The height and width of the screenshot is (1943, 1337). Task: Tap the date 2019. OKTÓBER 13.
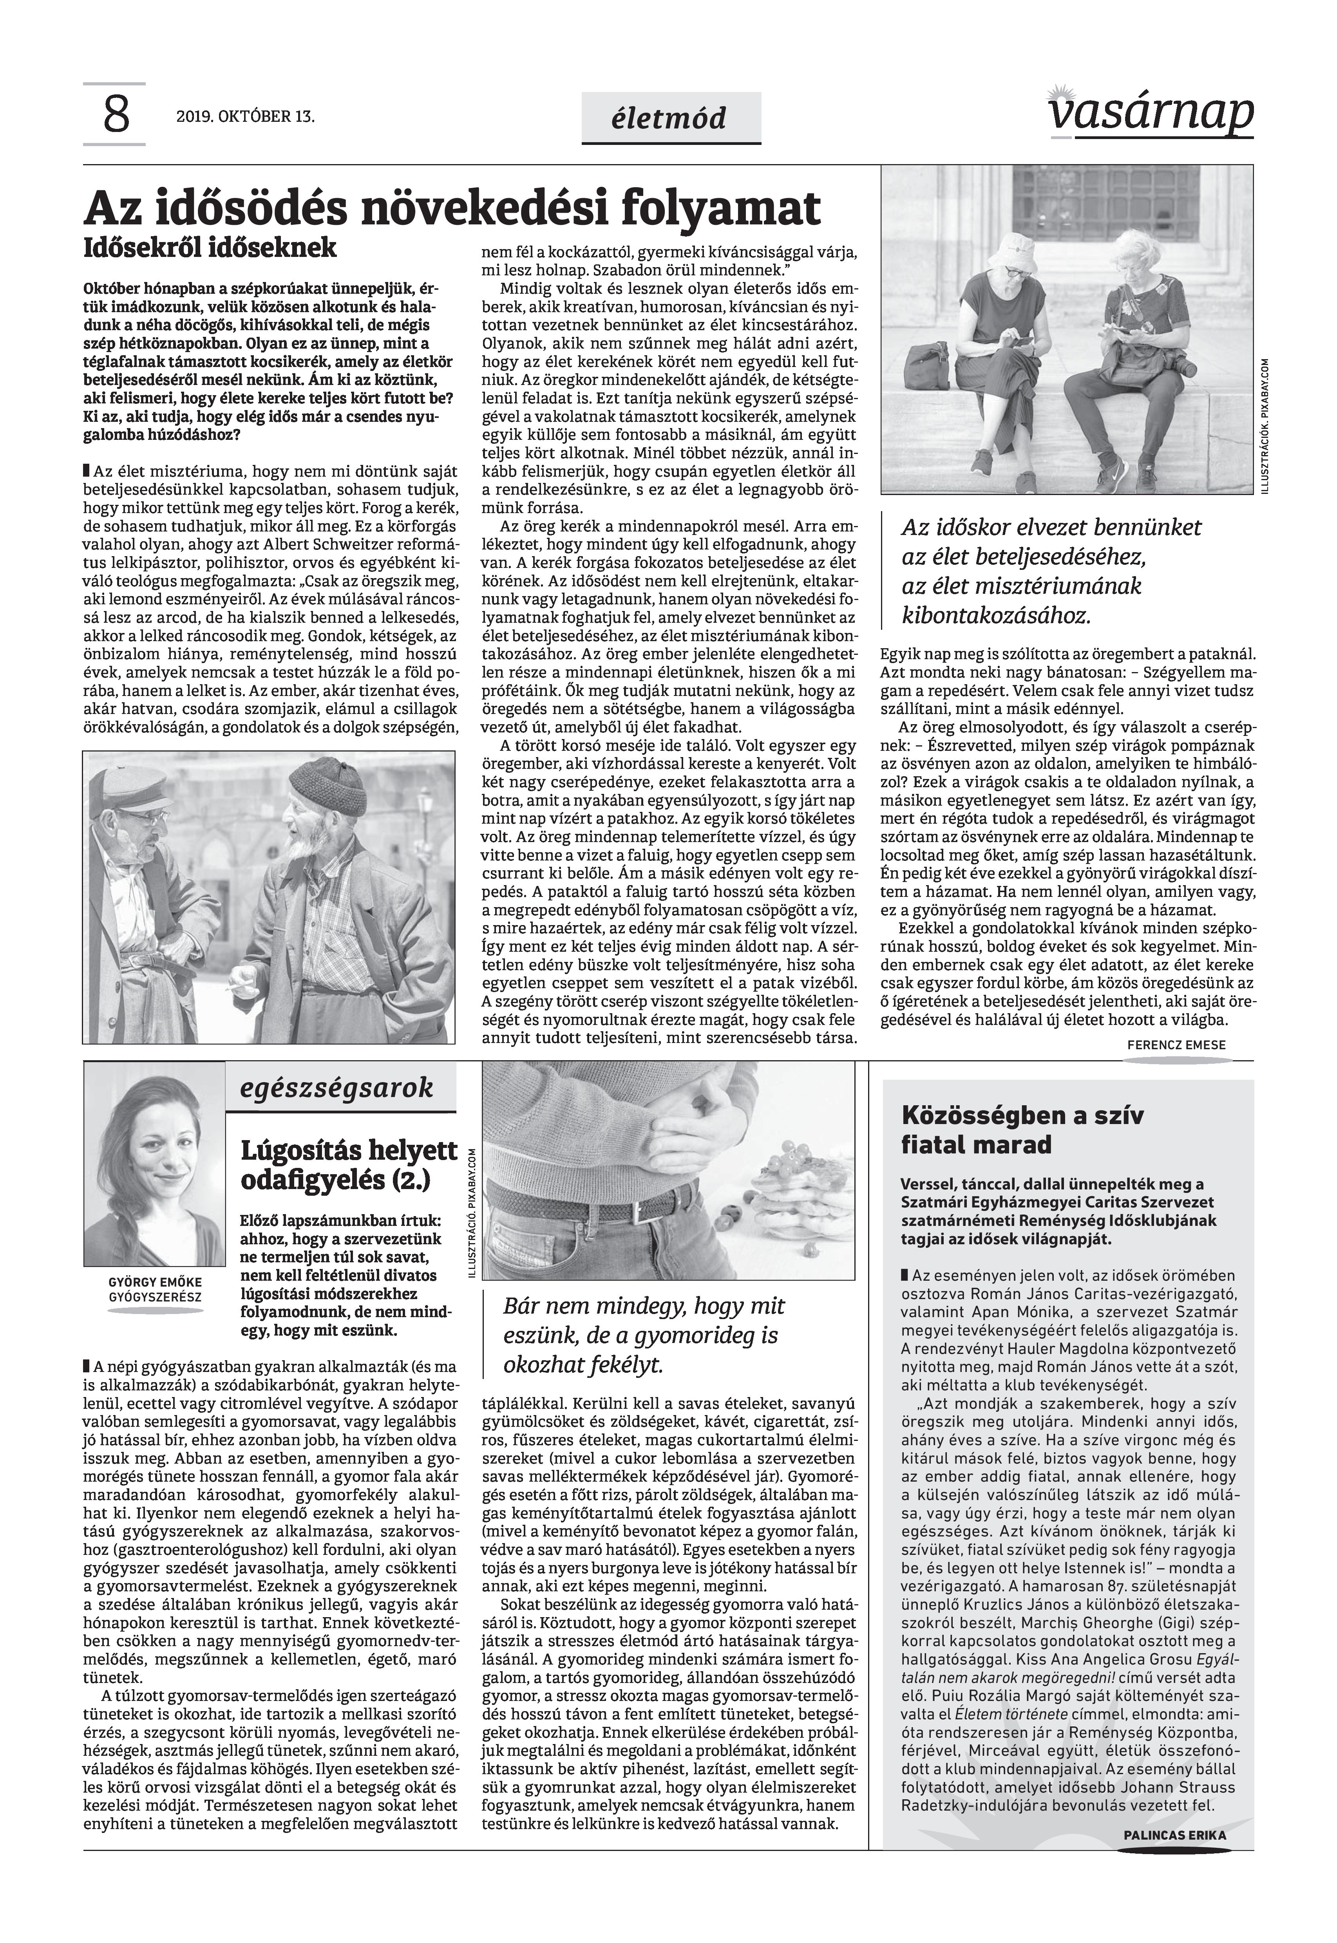tap(246, 116)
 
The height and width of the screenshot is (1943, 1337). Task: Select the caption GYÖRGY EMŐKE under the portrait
tap(154, 1282)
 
